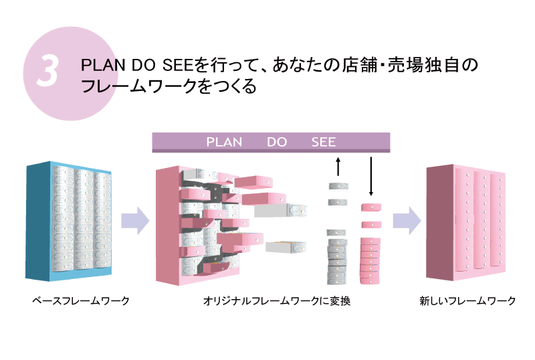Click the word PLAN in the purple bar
[x=224, y=143]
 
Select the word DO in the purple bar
[x=277, y=143]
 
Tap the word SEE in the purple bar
[x=324, y=143]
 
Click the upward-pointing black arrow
[x=338, y=167]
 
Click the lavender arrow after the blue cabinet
[x=134, y=221]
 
